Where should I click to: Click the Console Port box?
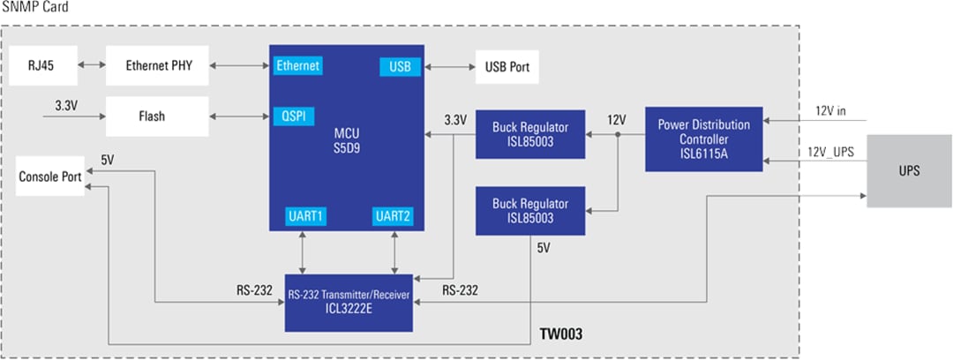click(50, 176)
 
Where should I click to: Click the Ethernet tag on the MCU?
click(297, 66)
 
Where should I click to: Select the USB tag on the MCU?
click(400, 66)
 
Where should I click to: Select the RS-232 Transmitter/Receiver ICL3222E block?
click(349, 302)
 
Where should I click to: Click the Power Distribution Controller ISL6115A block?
click(703, 139)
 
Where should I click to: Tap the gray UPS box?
click(909, 170)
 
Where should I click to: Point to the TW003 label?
click(560, 337)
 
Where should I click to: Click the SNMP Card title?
click(33, 8)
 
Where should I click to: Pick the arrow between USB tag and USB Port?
click(448, 66)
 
